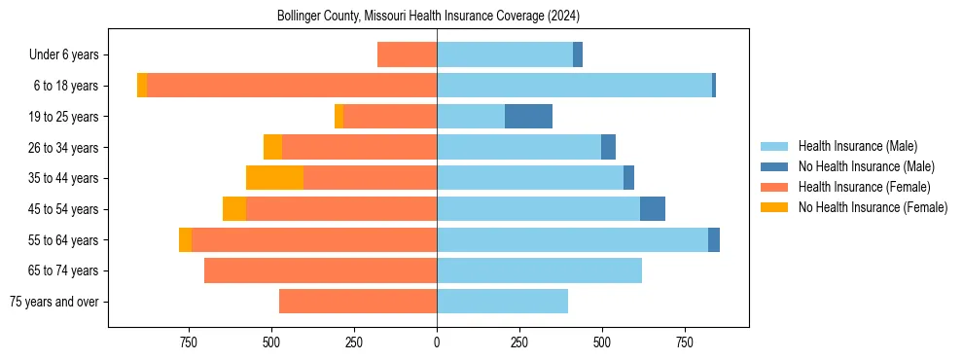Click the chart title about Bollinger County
[x=428, y=17]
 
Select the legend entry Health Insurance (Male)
[x=857, y=146]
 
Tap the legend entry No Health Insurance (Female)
[x=873, y=207]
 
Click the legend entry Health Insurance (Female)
[x=864, y=187]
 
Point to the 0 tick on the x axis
[x=437, y=342]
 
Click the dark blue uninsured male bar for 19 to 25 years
[x=528, y=117]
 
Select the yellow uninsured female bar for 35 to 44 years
[x=274, y=178]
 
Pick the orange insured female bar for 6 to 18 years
[x=292, y=86]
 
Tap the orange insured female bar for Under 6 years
[x=407, y=55]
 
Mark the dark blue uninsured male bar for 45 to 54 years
[x=652, y=209]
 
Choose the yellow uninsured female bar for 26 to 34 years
[x=272, y=147]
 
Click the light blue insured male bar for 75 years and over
[x=502, y=302]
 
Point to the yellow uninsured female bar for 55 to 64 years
[x=185, y=239]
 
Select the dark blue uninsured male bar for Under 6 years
[x=578, y=55]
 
